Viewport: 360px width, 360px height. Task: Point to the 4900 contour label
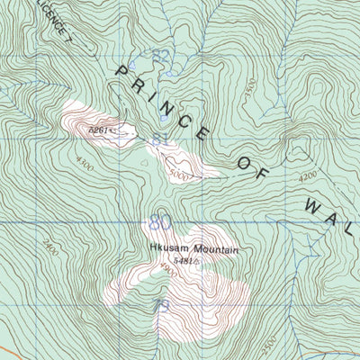coord(166,267)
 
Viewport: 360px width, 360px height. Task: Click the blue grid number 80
coord(160,221)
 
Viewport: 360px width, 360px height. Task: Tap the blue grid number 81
coord(160,140)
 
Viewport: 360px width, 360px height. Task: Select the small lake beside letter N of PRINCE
coord(164,118)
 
